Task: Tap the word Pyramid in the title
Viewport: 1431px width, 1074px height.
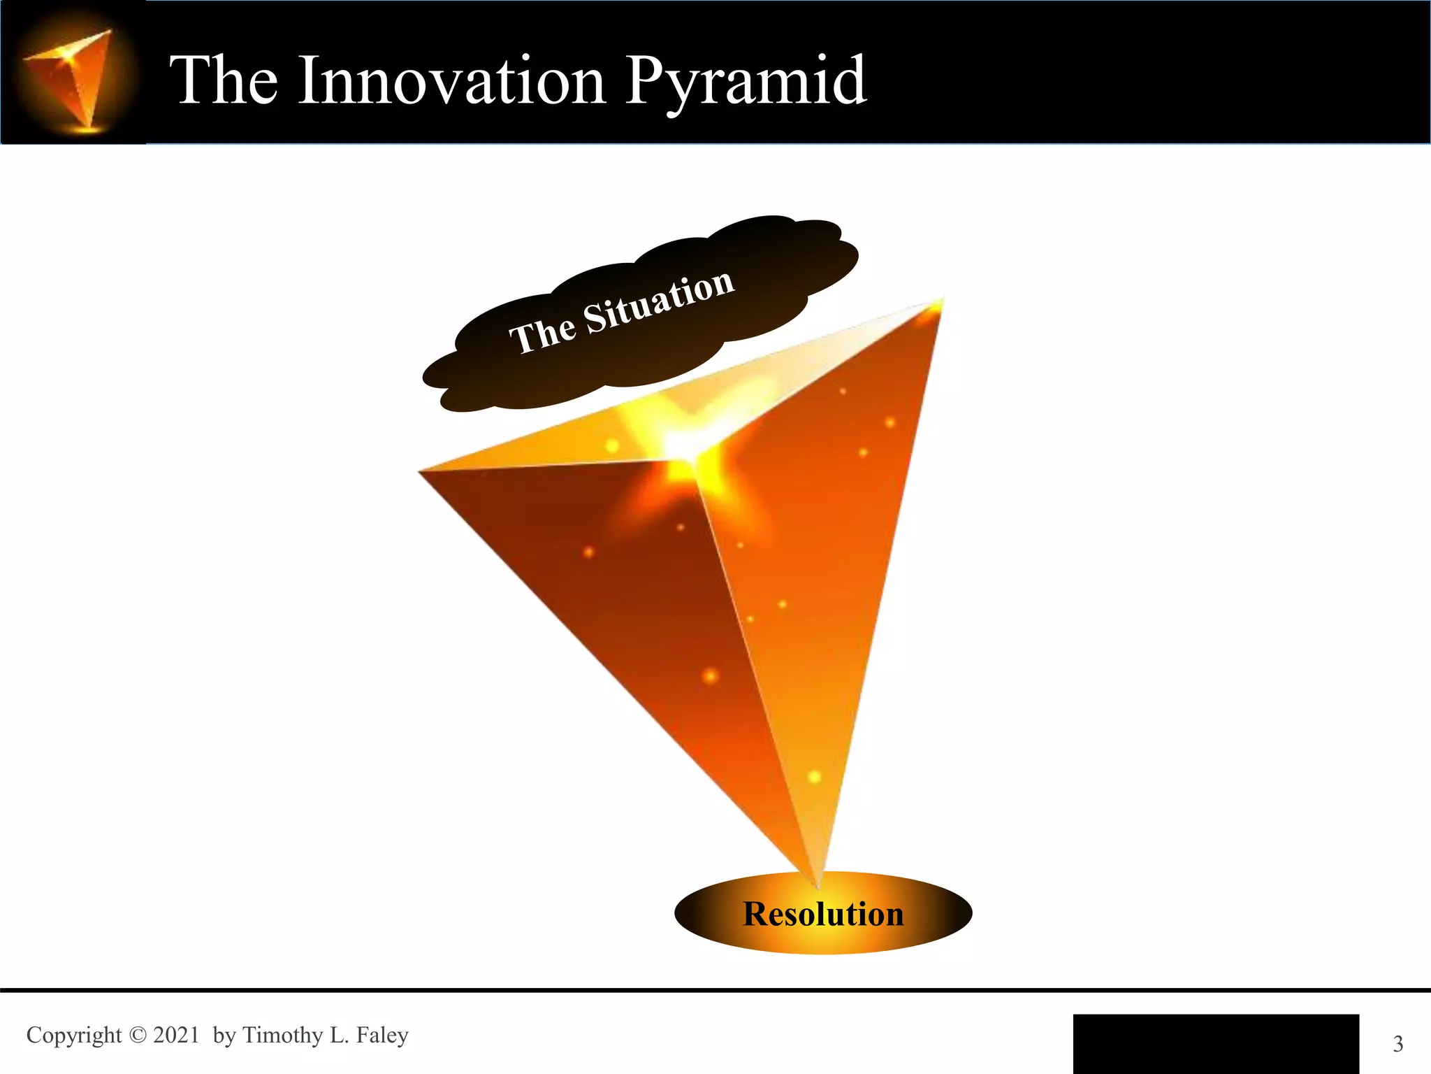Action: click(x=745, y=83)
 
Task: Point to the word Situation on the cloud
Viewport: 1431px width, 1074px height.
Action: click(x=658, y=303)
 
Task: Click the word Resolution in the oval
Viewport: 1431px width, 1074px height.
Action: click(x=823, y=914)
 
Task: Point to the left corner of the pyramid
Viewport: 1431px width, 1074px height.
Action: click(x=421, y=472)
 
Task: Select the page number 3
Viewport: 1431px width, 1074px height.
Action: click(x=1397, y=1044)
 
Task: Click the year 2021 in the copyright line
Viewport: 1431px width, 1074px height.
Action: click(x=176, y=1035)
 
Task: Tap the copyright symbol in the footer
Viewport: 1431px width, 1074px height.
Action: click(x=138, y=1035)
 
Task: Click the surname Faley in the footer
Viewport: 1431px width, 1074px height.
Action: click(x=382, y=1035)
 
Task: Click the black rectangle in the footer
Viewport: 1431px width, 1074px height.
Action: click(x=1216, y=1043)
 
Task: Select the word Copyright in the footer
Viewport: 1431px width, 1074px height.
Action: click(x=73, y=1036)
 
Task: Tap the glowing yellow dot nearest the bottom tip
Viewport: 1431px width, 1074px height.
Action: click(x=814, y=777)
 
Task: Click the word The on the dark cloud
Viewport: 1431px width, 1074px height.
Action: click(x=542, y=334)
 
